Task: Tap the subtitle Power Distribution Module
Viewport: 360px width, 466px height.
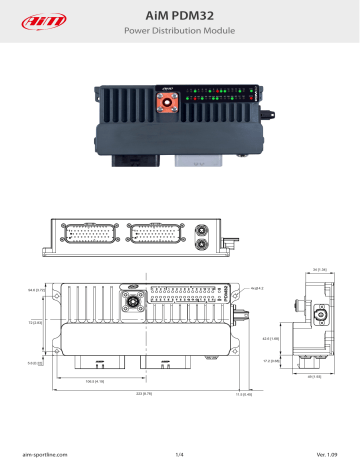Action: point(180,31)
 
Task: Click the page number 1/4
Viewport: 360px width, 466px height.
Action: point(180,455)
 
